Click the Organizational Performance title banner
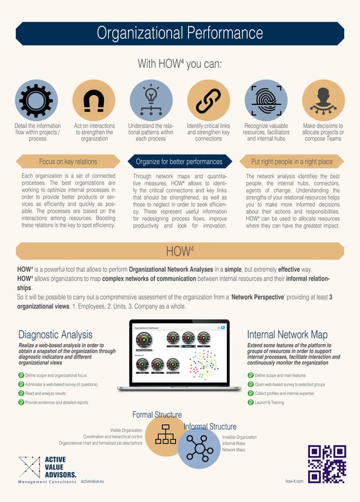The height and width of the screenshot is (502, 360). (x=180, y=33)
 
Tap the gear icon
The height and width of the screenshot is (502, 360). (x=36, y=100)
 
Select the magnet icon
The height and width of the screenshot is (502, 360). (x=94, y=100)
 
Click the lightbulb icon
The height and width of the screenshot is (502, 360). (x=151, y=100)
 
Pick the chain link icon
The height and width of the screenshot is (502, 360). (x=208, y=100)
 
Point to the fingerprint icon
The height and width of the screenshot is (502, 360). (x=266, y=100)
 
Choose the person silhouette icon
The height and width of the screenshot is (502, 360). (x=323, y=100)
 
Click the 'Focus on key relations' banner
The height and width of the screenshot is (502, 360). (x=68, y=162)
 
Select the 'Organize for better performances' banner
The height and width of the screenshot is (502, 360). (x=179, y=162)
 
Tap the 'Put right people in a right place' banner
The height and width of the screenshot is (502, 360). (x=292, y=162)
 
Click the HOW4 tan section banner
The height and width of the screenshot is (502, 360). (x=180, y=251)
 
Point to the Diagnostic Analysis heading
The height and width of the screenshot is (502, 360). (x=55, y=334)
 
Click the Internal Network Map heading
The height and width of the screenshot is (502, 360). (x=287, y=334)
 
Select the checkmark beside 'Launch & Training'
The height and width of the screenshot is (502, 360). (x=251, y=402)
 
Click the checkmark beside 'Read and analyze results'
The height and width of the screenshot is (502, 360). (x=21, y=393)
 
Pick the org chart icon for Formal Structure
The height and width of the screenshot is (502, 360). (x=166, y=434)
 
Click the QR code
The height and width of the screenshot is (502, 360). (x=326, y=464)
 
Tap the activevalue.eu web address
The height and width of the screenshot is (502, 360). (x=93, y=481)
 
